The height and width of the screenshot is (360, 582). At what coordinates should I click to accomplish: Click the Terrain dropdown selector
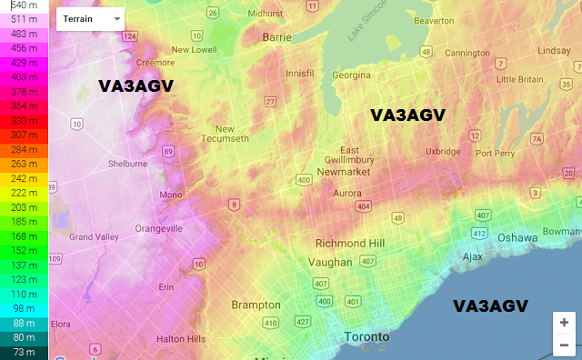(x=91, y=18)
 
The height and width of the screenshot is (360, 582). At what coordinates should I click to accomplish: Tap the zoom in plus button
(x=564, y=323)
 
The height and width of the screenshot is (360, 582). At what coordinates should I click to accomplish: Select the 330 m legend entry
(x=25, y=120)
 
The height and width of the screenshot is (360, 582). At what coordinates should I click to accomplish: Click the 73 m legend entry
(x=25, y=352)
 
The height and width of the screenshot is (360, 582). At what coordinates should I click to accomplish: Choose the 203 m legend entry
(x=25, y=207)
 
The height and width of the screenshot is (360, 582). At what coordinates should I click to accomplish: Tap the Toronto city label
(x=367, y=337)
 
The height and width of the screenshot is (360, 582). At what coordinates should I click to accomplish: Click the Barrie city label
(x=276, y=37)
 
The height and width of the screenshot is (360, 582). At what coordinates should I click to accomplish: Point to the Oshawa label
(x=517, y=237)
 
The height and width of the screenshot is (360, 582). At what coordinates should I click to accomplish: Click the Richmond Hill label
(x=350, y=244)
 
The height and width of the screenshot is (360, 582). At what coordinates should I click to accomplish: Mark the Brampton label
(x=256, y=305)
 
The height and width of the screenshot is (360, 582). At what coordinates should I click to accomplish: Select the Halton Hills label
(x=181, y=338)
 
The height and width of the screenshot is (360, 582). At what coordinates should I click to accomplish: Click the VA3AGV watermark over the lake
(x=490, y=306)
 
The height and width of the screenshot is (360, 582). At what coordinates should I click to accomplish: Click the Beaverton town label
(x=434, y=20)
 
